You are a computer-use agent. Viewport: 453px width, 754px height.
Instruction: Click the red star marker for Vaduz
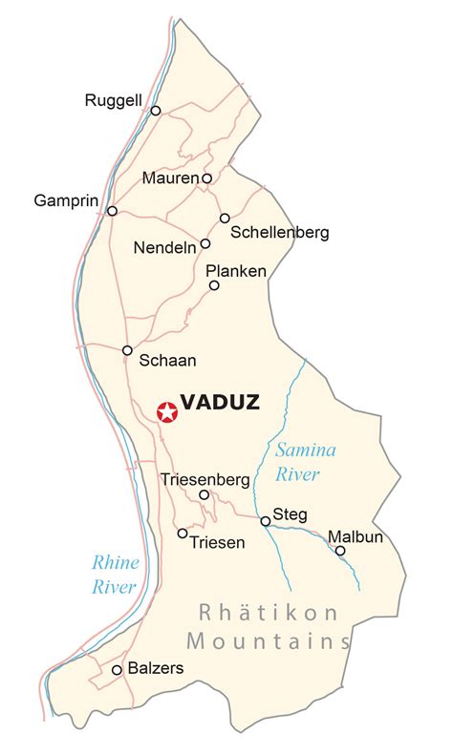point(167,412)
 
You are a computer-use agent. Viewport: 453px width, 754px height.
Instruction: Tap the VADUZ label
point(220,402)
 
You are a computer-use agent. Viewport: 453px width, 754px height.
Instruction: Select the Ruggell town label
point(114,99)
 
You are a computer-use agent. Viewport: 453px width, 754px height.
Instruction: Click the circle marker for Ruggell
point(156,111)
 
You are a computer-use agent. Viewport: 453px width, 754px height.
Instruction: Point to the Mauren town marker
point(206,178)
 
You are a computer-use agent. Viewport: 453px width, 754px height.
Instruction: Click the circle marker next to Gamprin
point(113,211)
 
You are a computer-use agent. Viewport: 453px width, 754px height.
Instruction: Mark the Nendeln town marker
point(205,243)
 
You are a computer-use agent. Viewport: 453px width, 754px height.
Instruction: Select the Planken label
point(236,271)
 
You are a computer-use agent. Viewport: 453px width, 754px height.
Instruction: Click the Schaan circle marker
point(127,350)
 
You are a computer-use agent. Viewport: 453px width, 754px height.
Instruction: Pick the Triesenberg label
point(205,478)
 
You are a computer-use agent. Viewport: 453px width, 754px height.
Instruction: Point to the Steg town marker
point(265,521)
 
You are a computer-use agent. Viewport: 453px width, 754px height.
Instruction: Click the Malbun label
point(356,536)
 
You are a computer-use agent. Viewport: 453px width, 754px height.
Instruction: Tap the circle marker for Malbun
point(340,551)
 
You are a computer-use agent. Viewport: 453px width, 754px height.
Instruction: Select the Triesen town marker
point(183,534)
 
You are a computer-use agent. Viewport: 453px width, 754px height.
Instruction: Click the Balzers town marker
point(117,670)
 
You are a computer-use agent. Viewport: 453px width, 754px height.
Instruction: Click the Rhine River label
point(115,575)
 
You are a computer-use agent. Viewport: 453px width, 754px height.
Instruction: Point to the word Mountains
point(269,640)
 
